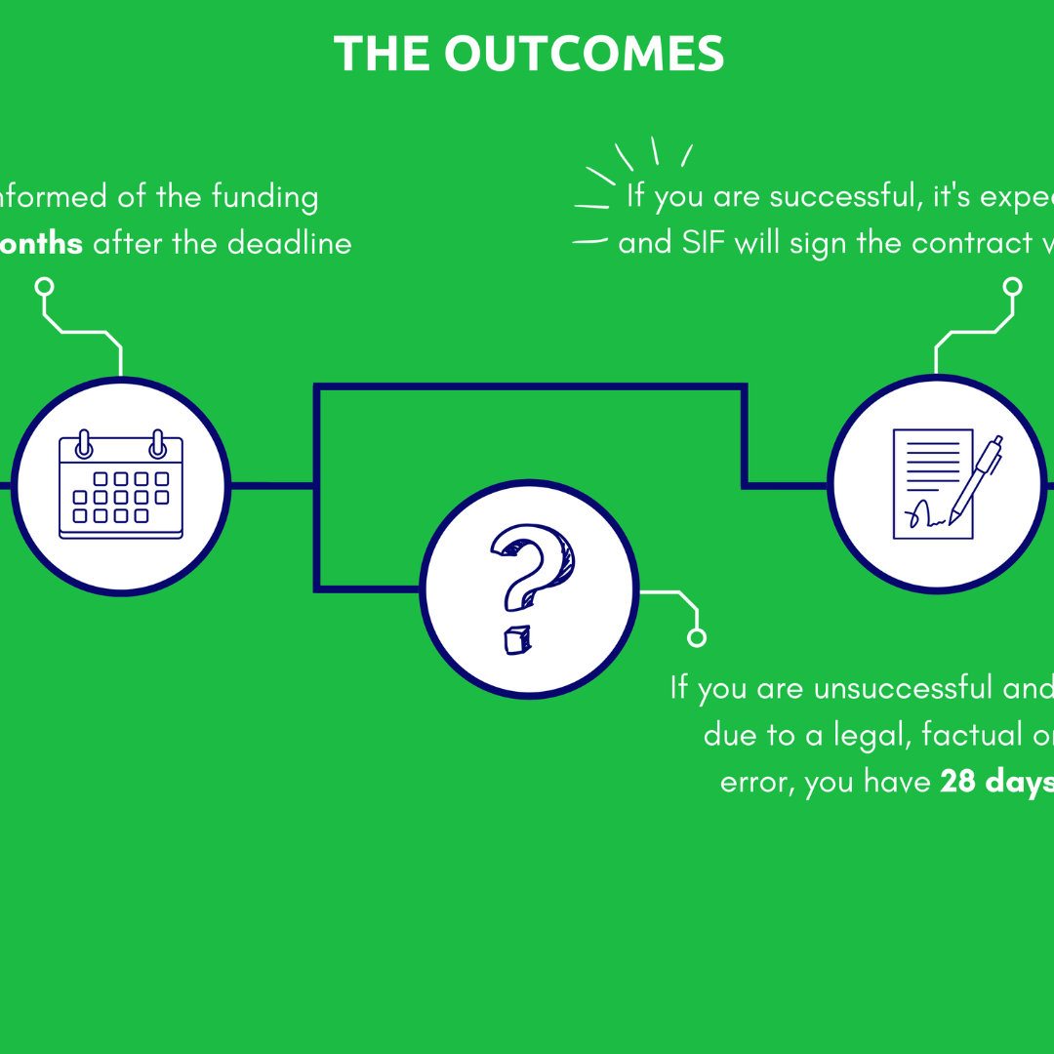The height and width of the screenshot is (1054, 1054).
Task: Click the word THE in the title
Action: pyautogui.click(x=383, y=54)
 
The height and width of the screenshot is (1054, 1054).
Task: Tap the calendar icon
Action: pyautogui.click(x=121, y=485)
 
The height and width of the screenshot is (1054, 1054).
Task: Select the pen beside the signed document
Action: pyautogui.click(x=976, y=478)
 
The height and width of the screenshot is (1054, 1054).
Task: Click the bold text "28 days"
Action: pyautogui.click(x=995, y=782)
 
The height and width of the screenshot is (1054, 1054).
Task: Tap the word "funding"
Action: pyautogui.click(x=263, y=198)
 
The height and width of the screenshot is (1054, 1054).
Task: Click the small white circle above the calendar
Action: pyautogui.click(x=44, y=287)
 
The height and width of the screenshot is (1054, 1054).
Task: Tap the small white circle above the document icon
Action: pyautogui.click(x=1013, y=286)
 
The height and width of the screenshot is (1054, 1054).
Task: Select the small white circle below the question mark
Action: pyautogui.click(x=697, y=637)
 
